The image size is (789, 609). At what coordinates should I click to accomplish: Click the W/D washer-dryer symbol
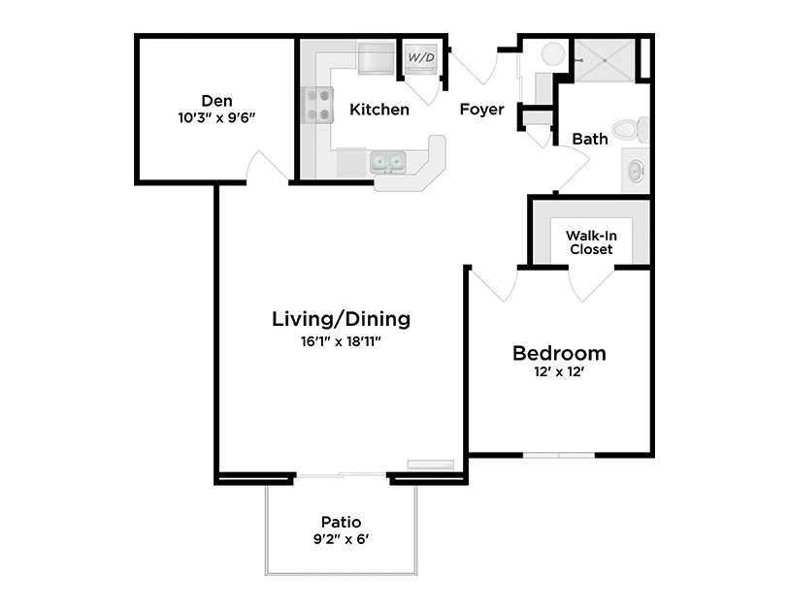[420, 58]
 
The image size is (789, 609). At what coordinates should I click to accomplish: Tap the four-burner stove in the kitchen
[316, 106]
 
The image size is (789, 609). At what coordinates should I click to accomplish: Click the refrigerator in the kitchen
[375, 58]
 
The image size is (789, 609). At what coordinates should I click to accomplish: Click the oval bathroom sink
[634, 172]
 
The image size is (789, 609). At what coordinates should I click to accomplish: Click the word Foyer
[481, 110]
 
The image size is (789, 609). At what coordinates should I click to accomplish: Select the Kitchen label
[379, 110]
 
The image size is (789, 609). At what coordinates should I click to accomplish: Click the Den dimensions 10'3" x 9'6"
[215, 117]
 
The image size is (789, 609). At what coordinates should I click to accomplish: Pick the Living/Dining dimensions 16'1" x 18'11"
[341, 340]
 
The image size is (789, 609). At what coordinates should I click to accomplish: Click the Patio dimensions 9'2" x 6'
[340, 539]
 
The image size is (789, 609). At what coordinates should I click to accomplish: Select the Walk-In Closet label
[590, 242]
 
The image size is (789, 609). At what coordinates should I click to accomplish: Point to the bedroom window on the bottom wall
[558, 454]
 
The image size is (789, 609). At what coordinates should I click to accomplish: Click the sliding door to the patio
[341, 475]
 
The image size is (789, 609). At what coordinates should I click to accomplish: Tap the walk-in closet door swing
[591, 282]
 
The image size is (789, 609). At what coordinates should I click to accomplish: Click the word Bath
[589, 139]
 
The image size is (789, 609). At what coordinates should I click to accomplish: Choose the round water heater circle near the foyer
[551, 54]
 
